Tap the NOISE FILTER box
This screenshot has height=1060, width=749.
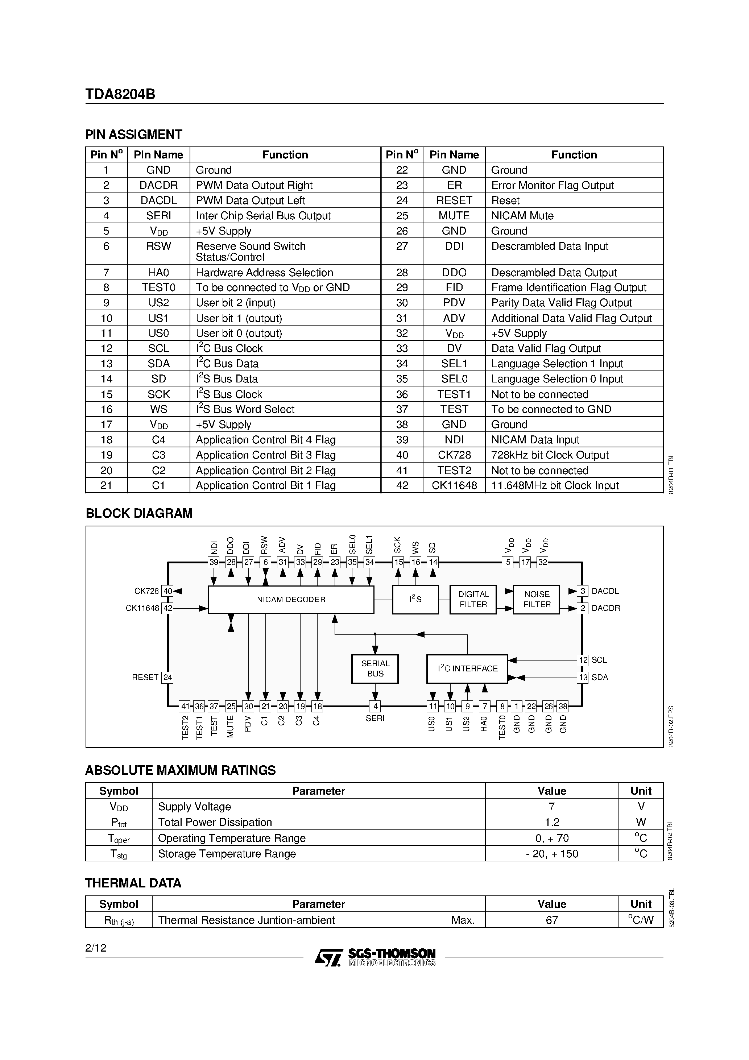536,599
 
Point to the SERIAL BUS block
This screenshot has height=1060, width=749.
375,668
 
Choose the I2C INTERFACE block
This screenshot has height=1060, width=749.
467,668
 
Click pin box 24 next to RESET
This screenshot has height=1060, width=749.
167,677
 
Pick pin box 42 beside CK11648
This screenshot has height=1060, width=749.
167,608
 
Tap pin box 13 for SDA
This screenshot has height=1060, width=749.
583,677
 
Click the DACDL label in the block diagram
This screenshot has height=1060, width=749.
605,591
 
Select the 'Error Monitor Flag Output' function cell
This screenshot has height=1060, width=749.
552,185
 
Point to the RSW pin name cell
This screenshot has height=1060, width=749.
158,247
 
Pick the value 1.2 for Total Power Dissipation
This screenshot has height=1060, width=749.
551,822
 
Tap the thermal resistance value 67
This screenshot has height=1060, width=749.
551,920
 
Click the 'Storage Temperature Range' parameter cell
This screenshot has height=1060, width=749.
227,854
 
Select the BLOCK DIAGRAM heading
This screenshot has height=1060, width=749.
139,513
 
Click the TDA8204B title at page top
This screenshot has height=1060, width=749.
120,94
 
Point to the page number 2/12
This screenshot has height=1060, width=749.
96,948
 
